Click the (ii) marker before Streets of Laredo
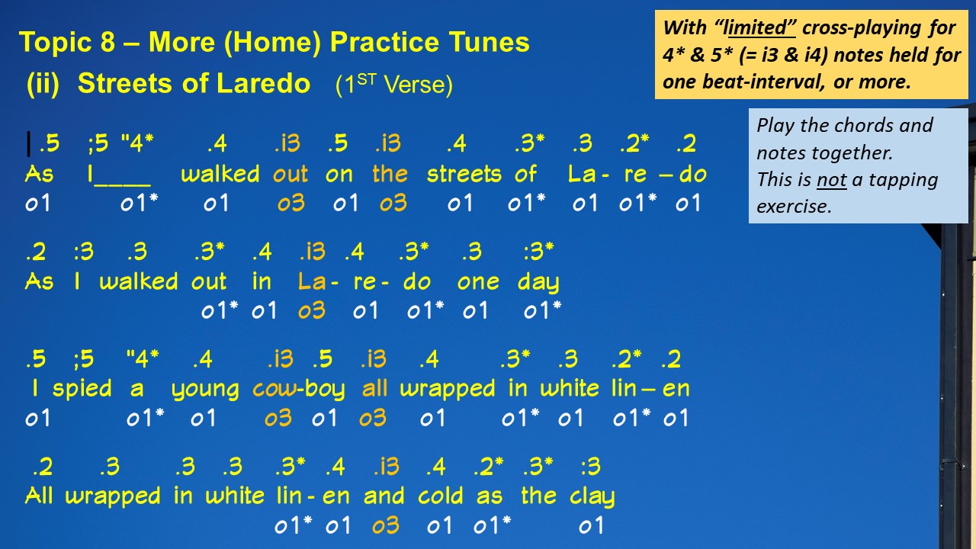pyautogui.click(x=43, y=84)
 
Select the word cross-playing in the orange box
pyautogui.click(x=862, y=29)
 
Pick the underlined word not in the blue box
pyautogui.click(x=831, y=179)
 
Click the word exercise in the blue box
pyautogui.click(x=794, y=207)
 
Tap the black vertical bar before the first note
pyautogui.click(x=29, y=144)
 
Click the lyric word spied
pyautogui.click(x=82, y=389)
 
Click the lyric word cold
pyautogui.click(x=440, y=496)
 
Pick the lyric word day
pyautogui.click(x=538, y=283)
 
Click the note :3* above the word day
pyautogui.click(x=538, y=252)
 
